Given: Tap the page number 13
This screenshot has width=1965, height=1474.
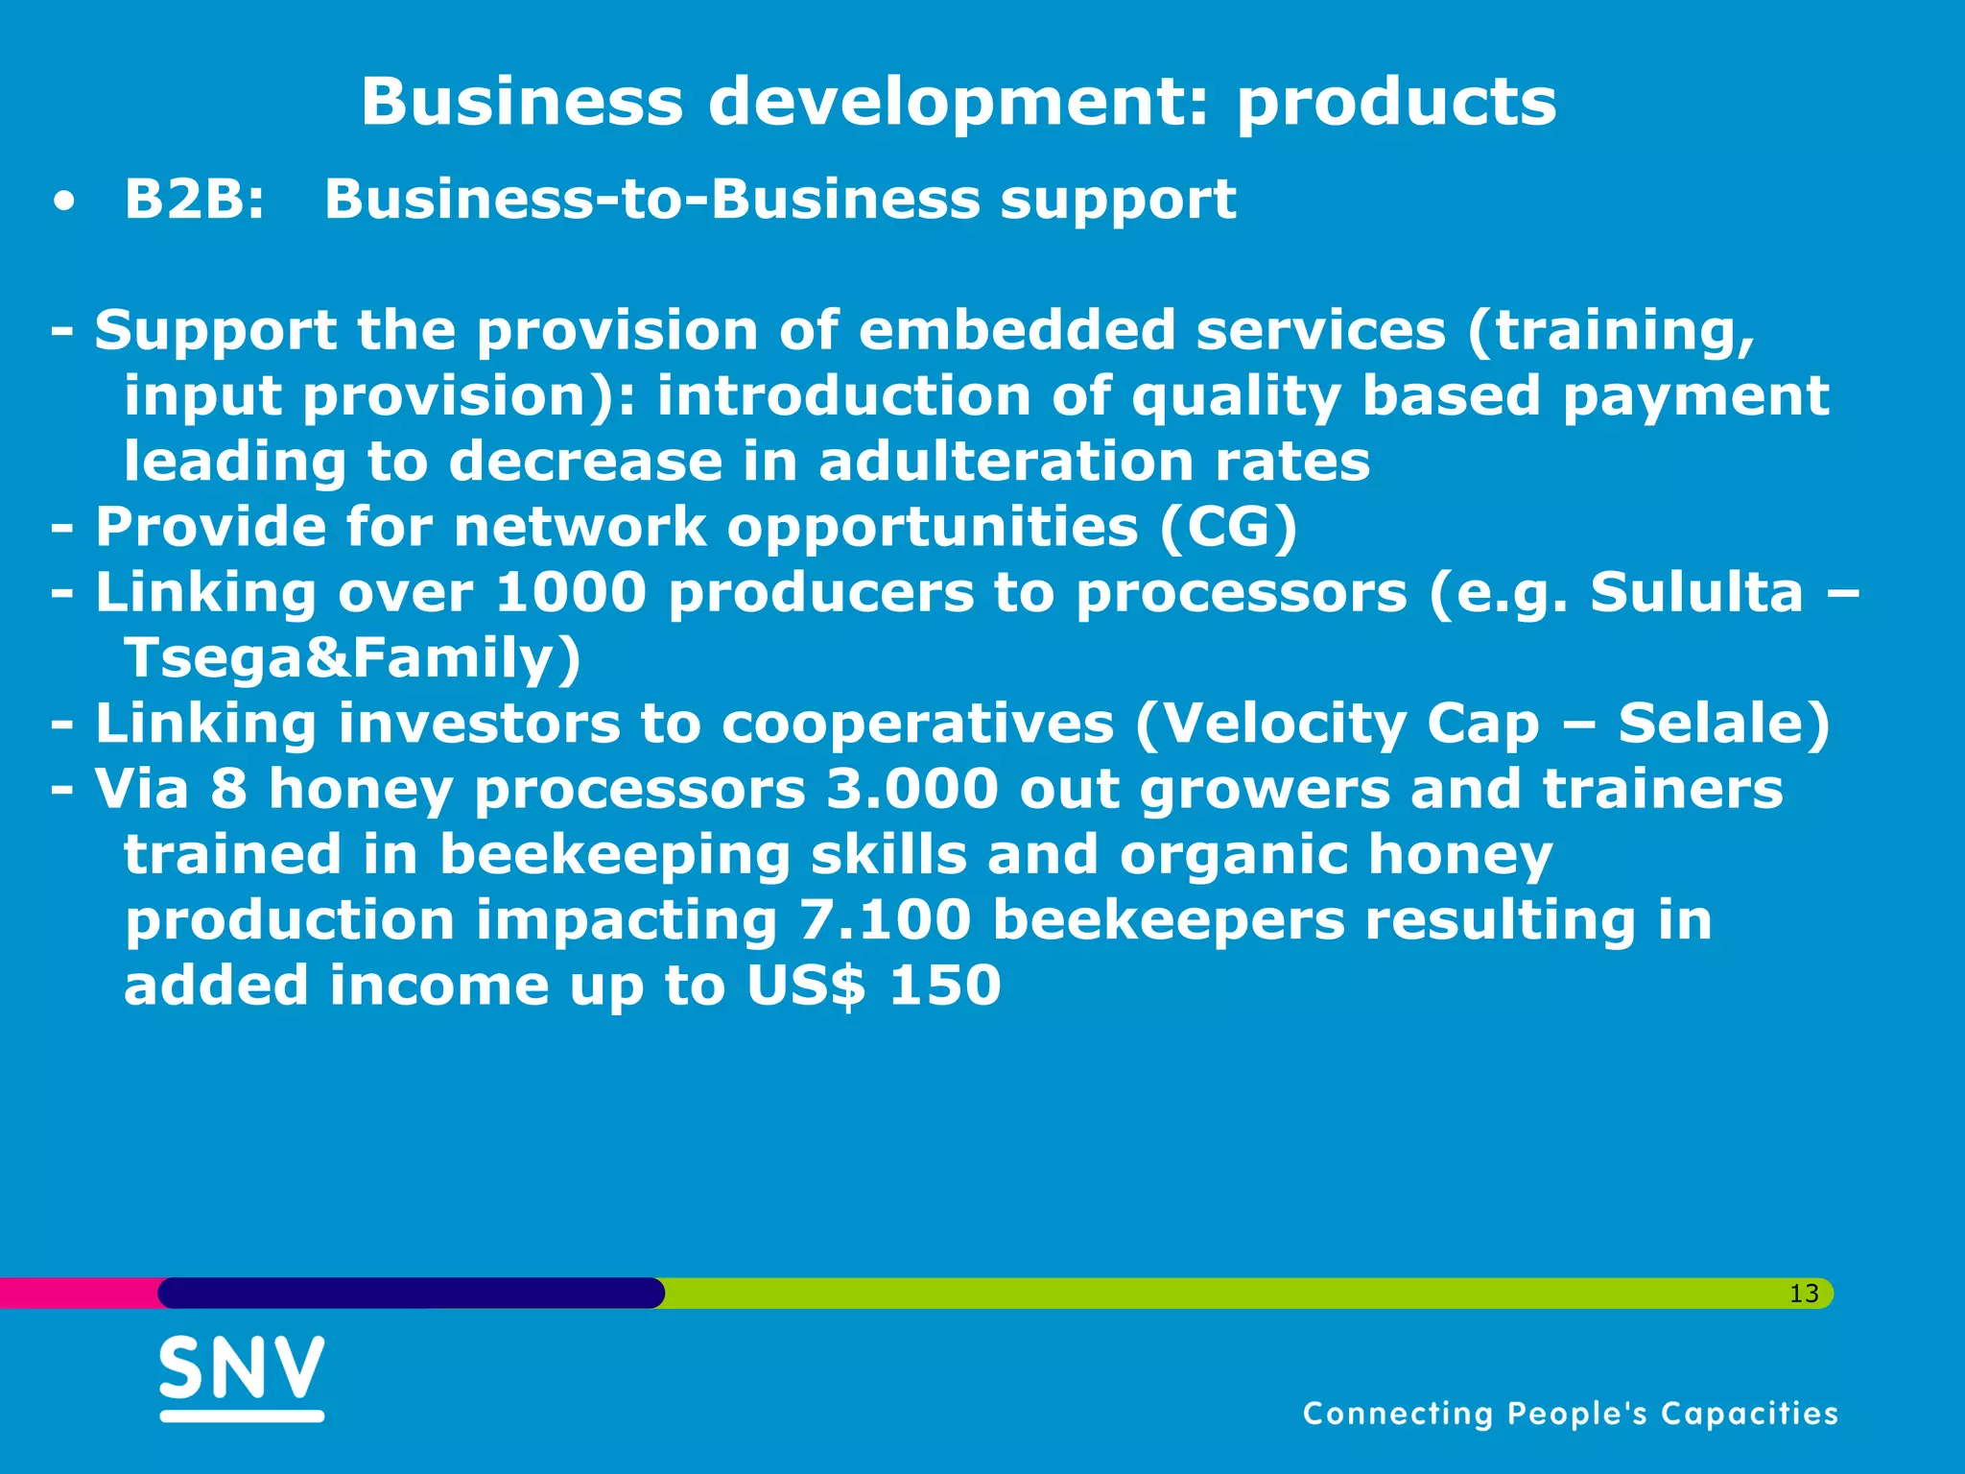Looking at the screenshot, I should pos(1804,1294).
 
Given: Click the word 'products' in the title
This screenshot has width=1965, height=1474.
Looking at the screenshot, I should pos(1396,102).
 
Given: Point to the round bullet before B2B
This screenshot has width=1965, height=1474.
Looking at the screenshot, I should pos(63,203).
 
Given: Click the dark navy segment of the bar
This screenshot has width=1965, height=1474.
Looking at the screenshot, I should pos(411,1293).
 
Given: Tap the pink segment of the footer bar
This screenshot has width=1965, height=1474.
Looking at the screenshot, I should pos(77,1293).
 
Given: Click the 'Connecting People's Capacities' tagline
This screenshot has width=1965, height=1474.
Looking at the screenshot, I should pos(1570,1414).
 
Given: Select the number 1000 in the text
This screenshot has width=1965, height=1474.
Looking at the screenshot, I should pos(571,592).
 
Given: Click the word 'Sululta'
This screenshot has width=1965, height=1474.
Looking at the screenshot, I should pos(1696,592).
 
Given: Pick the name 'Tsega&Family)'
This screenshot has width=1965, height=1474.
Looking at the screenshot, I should pos(352,658).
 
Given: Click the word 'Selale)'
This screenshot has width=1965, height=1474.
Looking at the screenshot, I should pos(1724,724).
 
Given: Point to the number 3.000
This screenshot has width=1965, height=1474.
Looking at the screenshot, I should pos(912,789).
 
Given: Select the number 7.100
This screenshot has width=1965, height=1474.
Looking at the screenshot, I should pos(885,920).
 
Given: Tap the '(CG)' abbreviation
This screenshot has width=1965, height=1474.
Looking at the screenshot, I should pos(1228,527).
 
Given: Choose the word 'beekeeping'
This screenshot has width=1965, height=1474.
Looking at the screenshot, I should pos(614,855).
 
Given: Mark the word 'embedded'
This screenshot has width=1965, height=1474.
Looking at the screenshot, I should pos(1016,330).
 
